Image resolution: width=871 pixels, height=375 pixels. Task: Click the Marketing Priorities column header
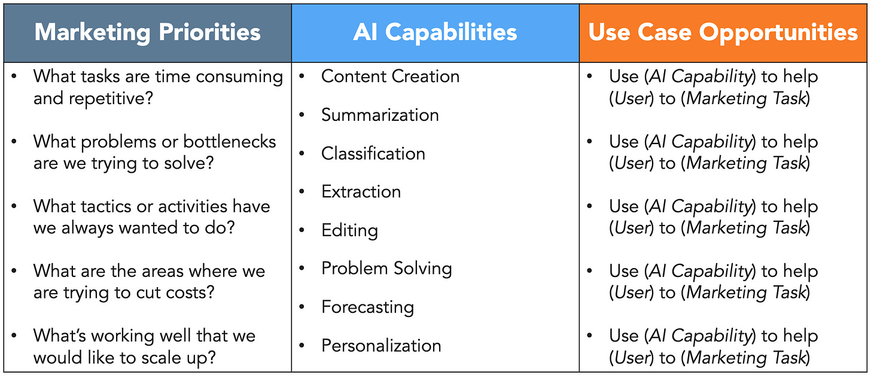click(147, 32)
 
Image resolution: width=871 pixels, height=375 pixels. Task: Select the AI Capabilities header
click(435, 32)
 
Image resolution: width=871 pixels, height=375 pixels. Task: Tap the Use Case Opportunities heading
click(723, 32)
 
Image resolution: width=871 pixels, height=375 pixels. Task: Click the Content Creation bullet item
click(390, 77)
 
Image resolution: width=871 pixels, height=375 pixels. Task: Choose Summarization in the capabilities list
click(380, 115)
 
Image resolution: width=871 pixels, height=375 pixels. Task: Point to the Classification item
click(373, 154)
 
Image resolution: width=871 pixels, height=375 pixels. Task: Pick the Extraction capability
click(361, 192)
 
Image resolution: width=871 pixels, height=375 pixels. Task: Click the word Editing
click(349, 230)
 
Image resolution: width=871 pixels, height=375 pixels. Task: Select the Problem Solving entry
click(386, 269)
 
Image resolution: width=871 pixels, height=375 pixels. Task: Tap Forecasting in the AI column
click(367, 307)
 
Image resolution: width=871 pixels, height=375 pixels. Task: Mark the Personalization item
click(381, 346)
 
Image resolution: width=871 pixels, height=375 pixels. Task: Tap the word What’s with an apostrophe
click(58, 336)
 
